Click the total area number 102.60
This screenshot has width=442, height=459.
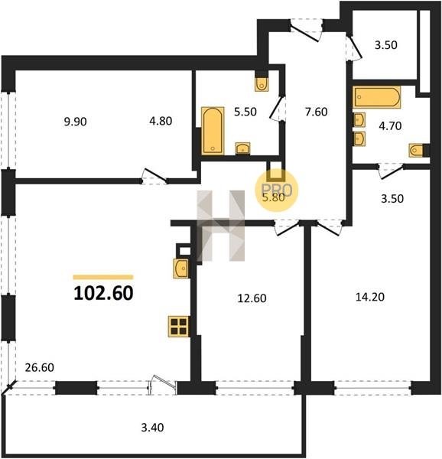103,293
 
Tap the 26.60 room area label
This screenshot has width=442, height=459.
40,367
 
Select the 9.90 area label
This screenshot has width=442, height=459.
75,122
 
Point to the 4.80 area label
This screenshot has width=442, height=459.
161,121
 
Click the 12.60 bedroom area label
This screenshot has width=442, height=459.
252,298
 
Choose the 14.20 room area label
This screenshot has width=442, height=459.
370,297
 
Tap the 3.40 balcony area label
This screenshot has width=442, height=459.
152,428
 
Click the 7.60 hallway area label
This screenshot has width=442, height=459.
317,112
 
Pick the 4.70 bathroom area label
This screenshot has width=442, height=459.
390,126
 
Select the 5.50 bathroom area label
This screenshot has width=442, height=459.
245,112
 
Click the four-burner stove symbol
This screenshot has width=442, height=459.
179,327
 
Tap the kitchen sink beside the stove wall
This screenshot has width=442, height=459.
181,269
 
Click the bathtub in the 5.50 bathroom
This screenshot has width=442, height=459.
213,131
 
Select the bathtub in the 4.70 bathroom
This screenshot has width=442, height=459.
377,97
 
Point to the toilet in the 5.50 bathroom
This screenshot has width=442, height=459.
262,85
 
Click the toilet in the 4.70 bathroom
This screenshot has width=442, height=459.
416,151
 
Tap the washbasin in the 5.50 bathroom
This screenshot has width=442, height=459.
242,148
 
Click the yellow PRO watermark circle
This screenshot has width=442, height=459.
276,190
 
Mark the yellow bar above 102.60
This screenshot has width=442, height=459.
103,277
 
